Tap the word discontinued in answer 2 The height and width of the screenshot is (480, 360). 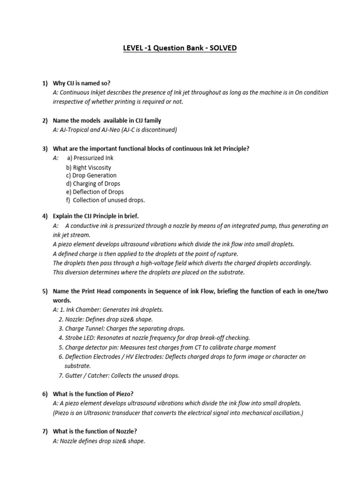coord(158,130)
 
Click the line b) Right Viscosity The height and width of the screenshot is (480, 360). coord(89,167)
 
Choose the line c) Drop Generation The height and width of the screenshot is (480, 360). coord(91,175)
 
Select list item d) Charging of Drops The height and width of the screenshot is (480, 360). coord(93,184)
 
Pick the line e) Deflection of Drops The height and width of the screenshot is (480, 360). coord(95,192)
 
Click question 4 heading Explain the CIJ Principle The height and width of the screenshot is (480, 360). coord(96,216)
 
